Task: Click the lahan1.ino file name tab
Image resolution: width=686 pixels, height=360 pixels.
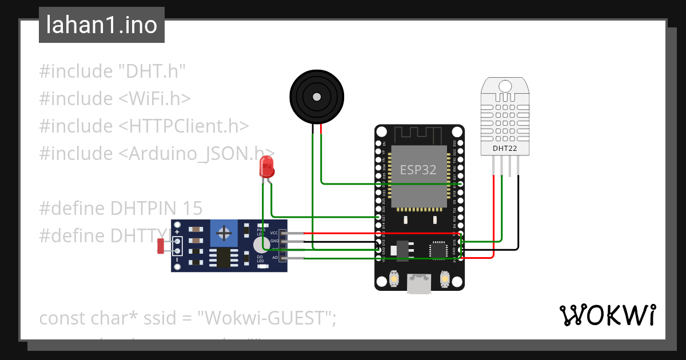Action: pyautogui.click(x=101, y=25)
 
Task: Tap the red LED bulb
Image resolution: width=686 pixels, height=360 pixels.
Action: pyautogui.click(x=266, y=166)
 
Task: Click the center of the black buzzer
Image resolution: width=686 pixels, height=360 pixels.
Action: pyautogui.click(x=317, y=95)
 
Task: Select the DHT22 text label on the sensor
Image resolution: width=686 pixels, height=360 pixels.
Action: pyautogui.click(x=505, y=149)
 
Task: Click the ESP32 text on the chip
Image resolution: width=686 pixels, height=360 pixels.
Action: pyautogui.click(x=418, y=170)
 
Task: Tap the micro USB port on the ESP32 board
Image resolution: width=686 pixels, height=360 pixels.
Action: pyautogui.click(x=419, y=284)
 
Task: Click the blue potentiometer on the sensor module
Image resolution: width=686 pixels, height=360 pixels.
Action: pyautogui.click(x=224, y=233)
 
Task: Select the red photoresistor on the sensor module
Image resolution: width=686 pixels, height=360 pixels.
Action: pyautogui.click(x=161, y=246)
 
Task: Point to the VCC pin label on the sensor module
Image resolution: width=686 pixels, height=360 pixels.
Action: pyautogui.click(x=274, y=233)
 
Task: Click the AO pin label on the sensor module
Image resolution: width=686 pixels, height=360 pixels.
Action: pyautogui.click(x=274, y=258)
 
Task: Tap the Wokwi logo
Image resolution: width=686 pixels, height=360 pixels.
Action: pyautogui.click(x=607, y=315)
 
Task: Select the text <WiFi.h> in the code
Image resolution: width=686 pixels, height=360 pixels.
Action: pyautogui.click(x=154, y=99)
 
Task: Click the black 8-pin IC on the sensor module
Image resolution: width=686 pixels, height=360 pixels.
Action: pyautogui.click(x=224, y=258)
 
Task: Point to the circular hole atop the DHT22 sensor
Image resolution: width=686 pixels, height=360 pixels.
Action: pyautogui.click(x=505, y=86)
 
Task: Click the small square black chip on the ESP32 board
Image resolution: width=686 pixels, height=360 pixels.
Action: pyautogui.click(x=438, y=249)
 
